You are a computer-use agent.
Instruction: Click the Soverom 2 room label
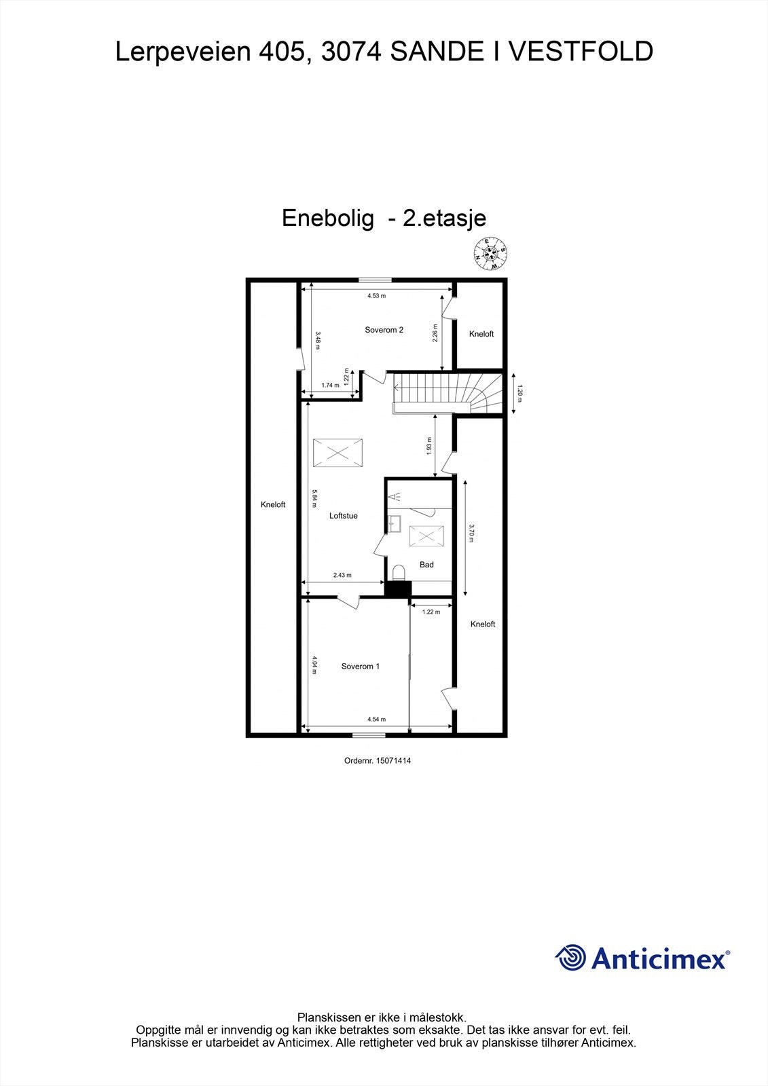tap(384, 330)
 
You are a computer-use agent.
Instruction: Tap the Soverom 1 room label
tap(360, 667)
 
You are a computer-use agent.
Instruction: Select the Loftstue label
tap(343, 516)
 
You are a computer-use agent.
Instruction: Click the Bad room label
tap(426, 565)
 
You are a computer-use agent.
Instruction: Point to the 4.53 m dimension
tap(376, 296)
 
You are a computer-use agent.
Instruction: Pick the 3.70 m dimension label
tap(471, 533)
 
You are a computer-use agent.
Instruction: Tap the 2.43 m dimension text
tap(342, 575)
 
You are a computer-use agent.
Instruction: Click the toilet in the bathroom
tap(399, 572)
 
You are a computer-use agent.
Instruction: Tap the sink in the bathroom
tap(395, 523)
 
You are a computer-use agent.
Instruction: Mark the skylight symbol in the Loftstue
tap(337, 453)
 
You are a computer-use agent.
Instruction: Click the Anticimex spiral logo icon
tap(570, 958)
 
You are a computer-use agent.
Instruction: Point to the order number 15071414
tap(393, 761)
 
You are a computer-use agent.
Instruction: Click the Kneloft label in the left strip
tap(273, 504)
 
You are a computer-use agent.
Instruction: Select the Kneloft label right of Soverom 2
tap(481, 334)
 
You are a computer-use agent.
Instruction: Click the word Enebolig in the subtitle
tap(328, 218)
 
